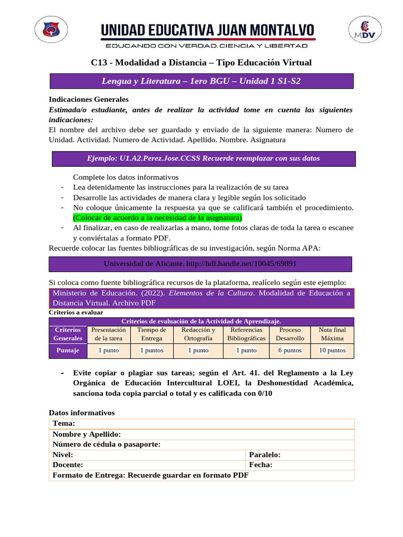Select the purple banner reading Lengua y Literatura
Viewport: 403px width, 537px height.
click(201, 81)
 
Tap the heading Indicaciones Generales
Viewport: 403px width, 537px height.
click(88, 99)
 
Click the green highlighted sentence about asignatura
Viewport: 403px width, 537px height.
click(157, 217)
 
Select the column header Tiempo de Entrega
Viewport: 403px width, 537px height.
click(152, 334)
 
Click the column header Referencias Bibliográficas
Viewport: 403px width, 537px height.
click(246, 334)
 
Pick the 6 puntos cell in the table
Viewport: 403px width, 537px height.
click(290, 350)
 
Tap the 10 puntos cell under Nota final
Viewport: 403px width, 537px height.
click(332, 350)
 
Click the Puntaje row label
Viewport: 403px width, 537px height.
click(68, 350)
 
